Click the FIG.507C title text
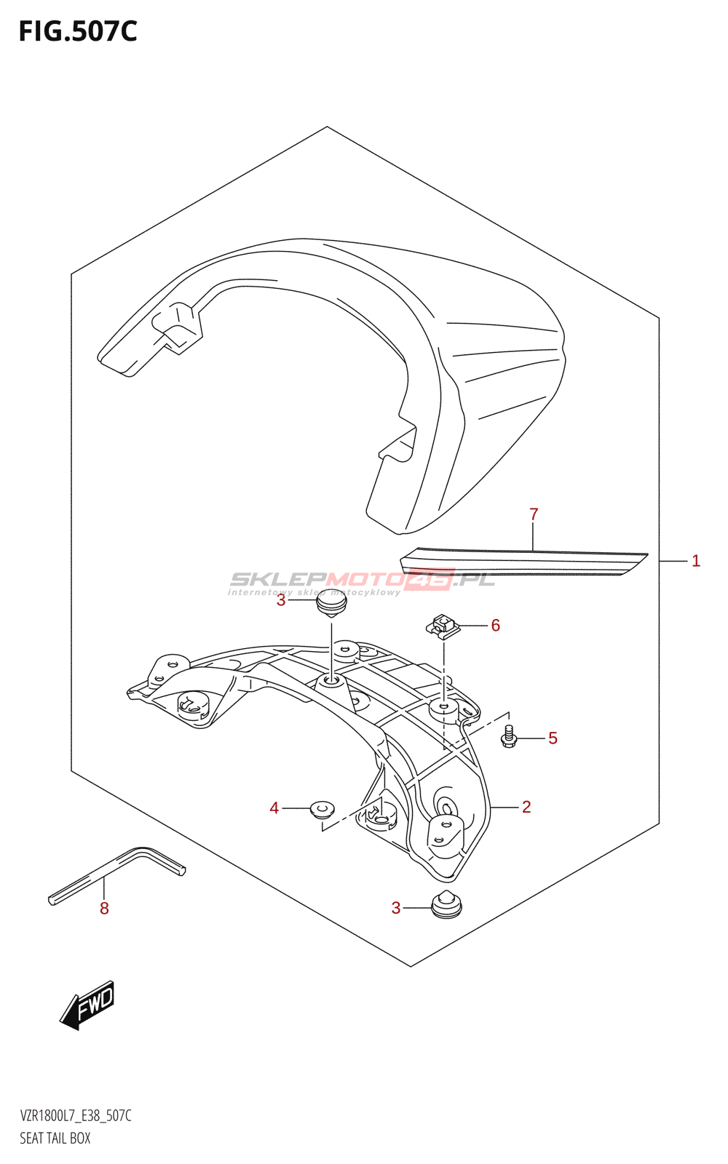click(78, 31)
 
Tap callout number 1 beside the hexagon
click(696, 561)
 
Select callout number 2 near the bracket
click(526, 807)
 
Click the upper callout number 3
click(281, 600)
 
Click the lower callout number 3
click(396, 908)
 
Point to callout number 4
click(274, 808)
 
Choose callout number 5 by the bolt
click(553, 738)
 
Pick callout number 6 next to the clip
click(496, 626)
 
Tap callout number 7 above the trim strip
click(534, 514)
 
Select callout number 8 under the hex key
click(104, 909)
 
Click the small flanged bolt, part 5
click(509, 738)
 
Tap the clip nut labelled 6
click(443, 626)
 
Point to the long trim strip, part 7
click(524, 562)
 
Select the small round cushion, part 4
click(322, 808)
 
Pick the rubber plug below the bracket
click(446, 906)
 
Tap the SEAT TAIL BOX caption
click(55, 1139)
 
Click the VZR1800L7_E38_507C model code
click(76, 1116)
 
